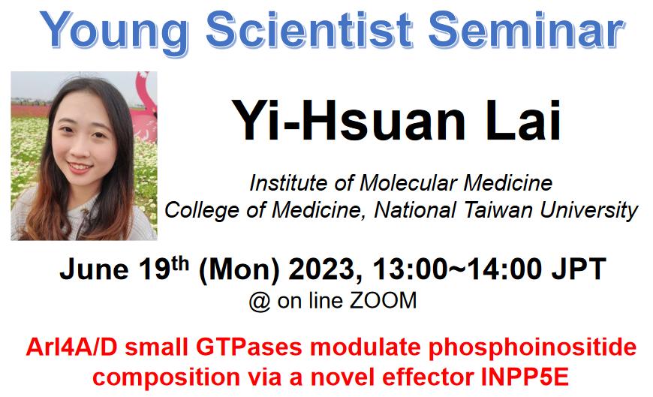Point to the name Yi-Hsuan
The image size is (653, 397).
[x=348, y=120]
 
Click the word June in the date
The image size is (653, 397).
[x=94, y=269]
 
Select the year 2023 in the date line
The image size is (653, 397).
[x=326, y=269]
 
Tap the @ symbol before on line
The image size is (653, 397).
[x=259, y=301]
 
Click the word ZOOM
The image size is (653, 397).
[x=383, y=300]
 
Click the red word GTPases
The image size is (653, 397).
[x=249, y=347]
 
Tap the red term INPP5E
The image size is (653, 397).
[x=525, y=377]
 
